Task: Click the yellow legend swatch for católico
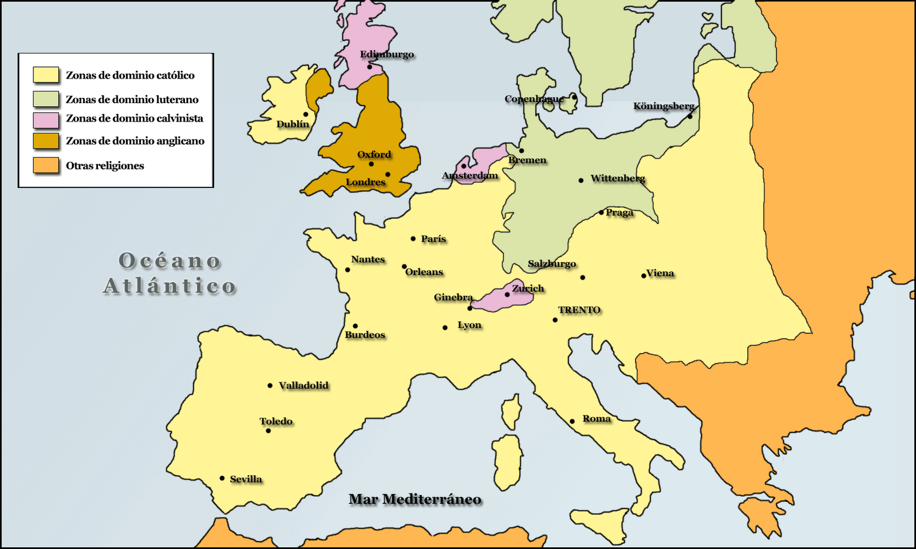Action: click(x=46, y=75)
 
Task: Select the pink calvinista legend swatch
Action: click(x=46, y=120)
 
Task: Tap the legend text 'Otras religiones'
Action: click(x=105, y=166)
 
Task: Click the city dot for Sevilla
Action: click(x=222, y=478)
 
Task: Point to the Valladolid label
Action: click(x=303, y=385)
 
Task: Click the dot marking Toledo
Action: click(x=268, y=430)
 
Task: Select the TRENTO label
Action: click(x=579, y=310)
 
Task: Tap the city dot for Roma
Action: click(x=572, y=421)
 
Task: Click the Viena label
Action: click(x=660, y=273)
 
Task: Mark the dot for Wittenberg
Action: click(x=581, y=180)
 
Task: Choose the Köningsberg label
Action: click(x=664, y=106)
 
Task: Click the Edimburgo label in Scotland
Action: click(x=387, y=54)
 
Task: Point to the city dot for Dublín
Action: click(x=306, y=115)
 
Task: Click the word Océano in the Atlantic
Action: click(x=170, y=261)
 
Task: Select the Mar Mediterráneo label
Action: click(x=414, y=499)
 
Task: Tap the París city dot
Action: click(x=413, y=238)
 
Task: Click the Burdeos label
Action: click(x=365, y=335)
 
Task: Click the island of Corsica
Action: click(x=511, y=411)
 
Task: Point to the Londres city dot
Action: click(x=388, y=174)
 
